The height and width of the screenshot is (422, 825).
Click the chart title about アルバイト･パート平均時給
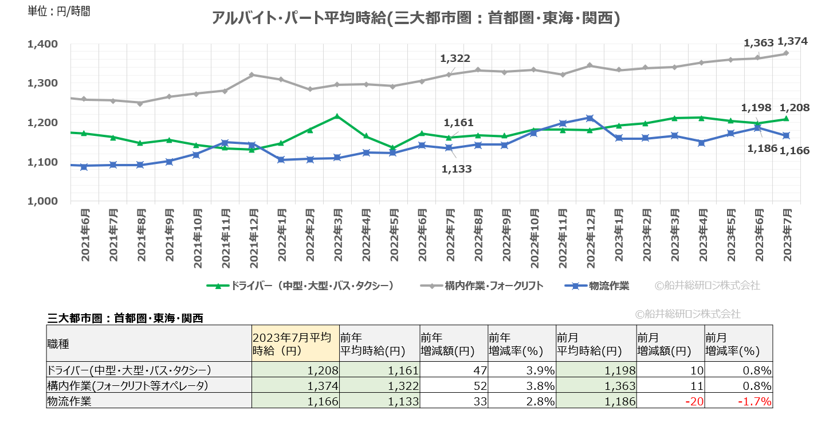pyautogui.click(x=415, y=18)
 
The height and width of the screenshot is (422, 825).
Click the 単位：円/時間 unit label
pyautogui.click(x=59, y=11)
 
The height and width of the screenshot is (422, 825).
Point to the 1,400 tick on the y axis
pyautogui.click(x=42, y=44)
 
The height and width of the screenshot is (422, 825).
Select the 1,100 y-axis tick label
pyautogui.click(x=42, y=162)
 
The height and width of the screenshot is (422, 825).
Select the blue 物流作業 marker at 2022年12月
pyautogui.click(x=590, y=118)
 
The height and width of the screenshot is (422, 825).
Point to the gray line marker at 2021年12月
pyautogui.click(x=253, y=75)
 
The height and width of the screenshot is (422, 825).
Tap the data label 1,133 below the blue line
pyautogui.click(x=457, y=169)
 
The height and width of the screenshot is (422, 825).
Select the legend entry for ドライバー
pyautogui.click(x=301, y=286)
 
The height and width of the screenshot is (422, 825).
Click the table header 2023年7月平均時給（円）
pyautogui.click(x=294, y=343)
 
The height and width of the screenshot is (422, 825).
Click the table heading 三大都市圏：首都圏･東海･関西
pyautogui.click(x=125, y=318)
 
